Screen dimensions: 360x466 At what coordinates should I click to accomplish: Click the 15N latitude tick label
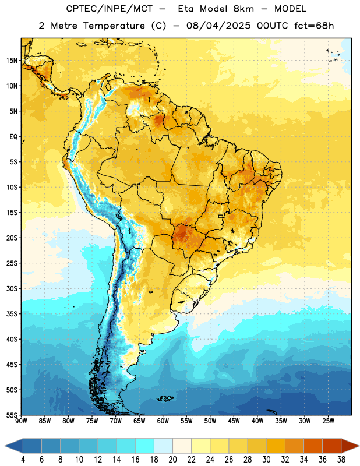point(12,61)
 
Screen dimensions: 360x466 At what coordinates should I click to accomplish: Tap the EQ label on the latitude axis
point(13,137)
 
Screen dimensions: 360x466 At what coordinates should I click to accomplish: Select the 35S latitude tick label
point(12,314)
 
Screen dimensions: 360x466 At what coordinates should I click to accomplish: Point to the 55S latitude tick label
point(12,415)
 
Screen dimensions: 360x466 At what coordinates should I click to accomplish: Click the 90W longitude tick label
point(21,421)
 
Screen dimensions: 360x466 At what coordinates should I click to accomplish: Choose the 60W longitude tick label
point(163,421)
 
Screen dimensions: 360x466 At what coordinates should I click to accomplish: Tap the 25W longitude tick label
point(328,421)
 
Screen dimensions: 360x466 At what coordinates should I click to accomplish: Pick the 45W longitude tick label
point(234,421)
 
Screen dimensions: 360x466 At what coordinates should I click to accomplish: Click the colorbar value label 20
point(172,460)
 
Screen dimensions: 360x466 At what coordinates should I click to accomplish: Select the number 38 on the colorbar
point(341,460)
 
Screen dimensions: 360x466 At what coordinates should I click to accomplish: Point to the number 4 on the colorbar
point(23,460)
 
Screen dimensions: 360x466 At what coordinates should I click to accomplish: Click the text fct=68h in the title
point(314,26)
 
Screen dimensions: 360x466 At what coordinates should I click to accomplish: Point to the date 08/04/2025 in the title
point(218,26)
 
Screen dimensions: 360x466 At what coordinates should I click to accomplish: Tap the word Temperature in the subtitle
point(114,26)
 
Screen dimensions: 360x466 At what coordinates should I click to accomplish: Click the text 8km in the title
point(243,9)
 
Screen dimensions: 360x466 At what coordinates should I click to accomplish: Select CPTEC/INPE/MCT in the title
point(109,9)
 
